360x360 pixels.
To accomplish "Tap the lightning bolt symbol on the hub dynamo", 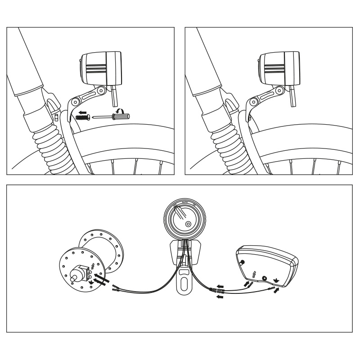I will (x=93, y=265).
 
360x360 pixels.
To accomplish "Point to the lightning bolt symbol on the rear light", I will (x=255, y=274).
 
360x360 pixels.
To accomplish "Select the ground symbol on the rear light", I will (x=275, y=279).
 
